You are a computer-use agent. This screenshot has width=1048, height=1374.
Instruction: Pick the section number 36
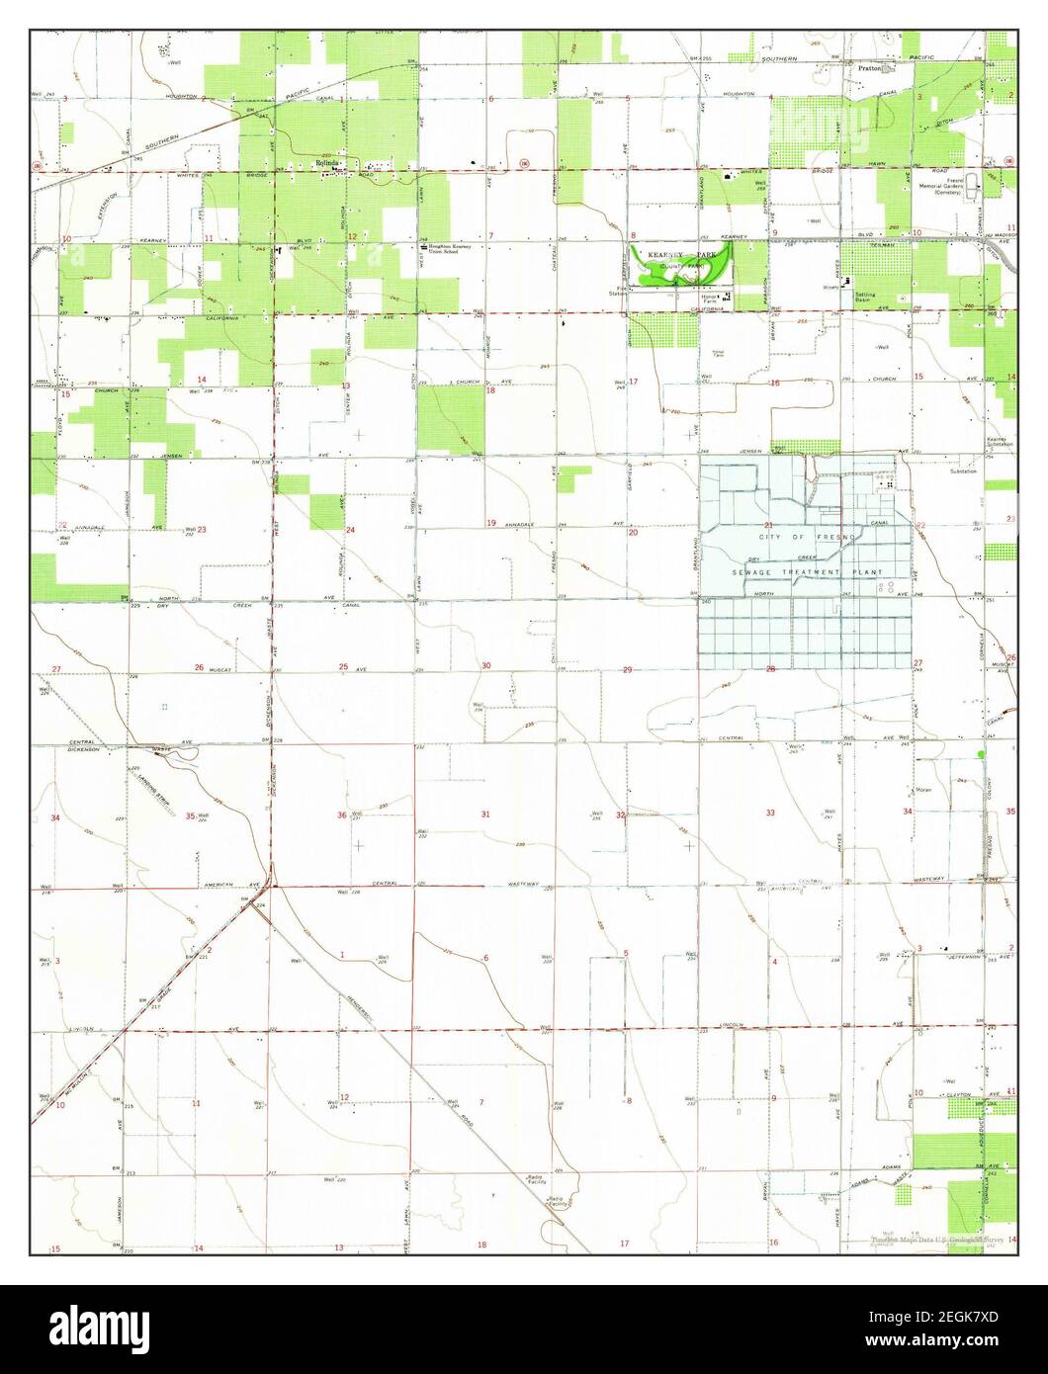pyautogui.click(x=342, y=815)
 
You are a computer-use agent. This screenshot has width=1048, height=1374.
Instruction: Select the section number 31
pyautogui.click(x=485, y=814)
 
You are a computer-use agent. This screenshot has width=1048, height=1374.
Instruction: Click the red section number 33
pyautogui.click(x=769, y=812)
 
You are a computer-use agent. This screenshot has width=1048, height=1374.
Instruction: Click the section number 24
pyautogui.click(x=349, y=530)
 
